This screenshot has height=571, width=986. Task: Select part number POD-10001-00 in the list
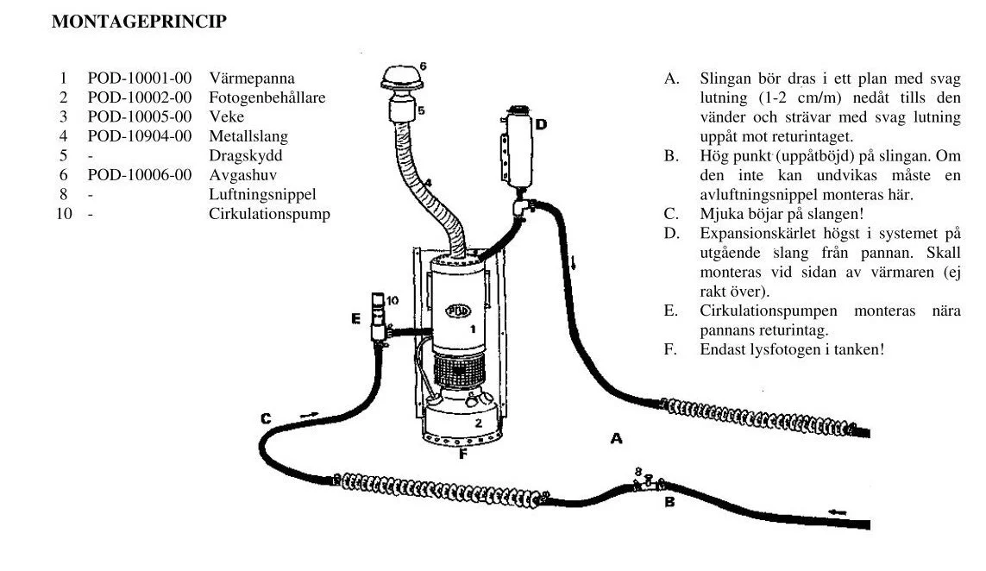(x=139, y=78)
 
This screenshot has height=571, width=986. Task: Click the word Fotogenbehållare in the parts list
(x=267, y=97)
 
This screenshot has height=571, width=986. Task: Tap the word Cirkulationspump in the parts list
(x=269, y=214)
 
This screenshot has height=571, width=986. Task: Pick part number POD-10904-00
(x=139, y=136)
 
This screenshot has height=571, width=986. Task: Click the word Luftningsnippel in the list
(x=262, y=195)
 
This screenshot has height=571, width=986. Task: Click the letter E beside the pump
(x=355, y=319)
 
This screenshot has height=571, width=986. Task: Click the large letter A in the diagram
(x=616, y=439)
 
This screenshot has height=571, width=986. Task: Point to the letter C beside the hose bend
(x=266, y=419)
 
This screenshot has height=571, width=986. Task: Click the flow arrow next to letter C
(x=309, y=415)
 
